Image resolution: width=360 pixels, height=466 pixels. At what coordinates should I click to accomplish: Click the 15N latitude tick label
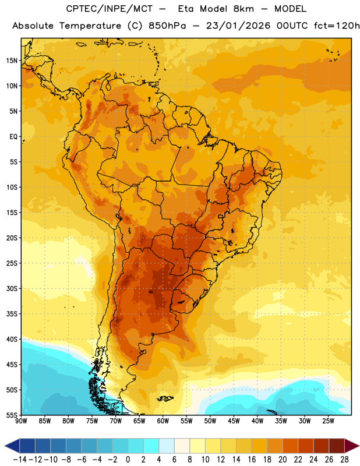12,61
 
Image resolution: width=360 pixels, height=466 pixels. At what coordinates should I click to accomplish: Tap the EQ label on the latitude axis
13,137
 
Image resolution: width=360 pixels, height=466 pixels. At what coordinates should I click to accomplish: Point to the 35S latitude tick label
12,314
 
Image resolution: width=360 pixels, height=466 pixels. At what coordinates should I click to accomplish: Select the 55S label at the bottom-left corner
12,415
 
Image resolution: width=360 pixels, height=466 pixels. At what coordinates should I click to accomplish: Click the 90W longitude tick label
21,421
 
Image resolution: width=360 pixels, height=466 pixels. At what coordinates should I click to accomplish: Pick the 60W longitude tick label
163,421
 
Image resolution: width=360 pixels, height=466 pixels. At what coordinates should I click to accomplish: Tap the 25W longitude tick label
328,421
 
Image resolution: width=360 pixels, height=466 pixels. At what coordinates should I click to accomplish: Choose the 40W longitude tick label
257,421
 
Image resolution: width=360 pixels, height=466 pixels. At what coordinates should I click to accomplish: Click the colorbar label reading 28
344,460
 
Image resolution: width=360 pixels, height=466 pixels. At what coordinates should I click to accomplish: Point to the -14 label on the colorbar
20,460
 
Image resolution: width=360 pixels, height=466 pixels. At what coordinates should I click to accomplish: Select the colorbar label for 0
128,460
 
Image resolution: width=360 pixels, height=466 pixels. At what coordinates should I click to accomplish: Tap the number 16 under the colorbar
252,460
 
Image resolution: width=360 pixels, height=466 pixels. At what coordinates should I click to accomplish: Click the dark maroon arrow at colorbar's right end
351,446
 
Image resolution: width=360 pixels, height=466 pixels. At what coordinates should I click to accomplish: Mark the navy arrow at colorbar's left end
12,446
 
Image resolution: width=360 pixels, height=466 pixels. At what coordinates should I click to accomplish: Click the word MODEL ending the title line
290,9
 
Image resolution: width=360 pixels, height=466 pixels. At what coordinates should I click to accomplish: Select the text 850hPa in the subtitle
167,26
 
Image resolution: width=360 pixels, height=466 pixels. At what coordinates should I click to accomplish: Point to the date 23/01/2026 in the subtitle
238,26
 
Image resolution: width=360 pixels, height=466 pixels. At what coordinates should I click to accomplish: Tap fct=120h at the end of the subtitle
337,26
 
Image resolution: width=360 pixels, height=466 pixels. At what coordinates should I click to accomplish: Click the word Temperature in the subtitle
90,26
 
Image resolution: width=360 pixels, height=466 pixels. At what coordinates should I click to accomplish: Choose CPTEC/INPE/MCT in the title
110,9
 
